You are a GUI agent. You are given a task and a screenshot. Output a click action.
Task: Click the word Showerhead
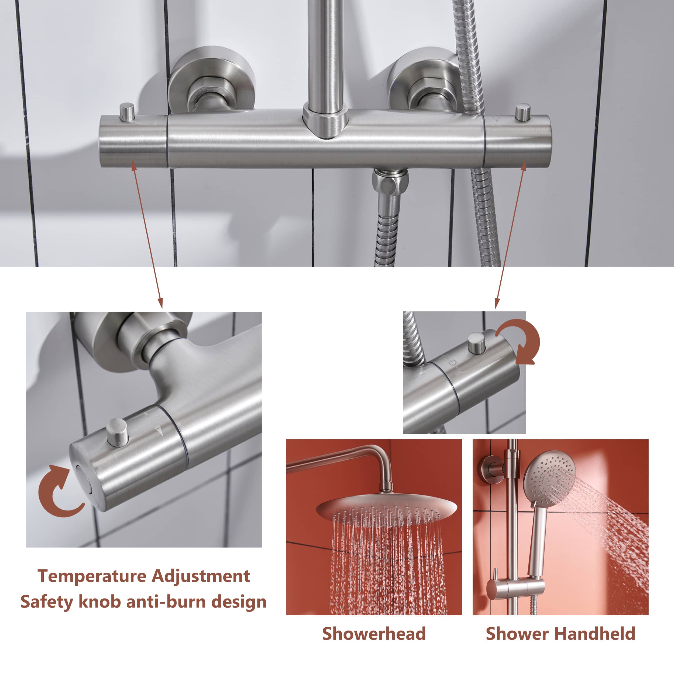[374, 634]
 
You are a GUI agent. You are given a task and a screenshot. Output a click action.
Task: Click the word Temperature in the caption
[91, 576]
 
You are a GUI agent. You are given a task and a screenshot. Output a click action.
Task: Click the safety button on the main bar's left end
[127, 112]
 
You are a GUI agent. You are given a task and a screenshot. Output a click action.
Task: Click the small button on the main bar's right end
[523, 112]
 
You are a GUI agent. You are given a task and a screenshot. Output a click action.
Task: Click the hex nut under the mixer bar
[389, 181]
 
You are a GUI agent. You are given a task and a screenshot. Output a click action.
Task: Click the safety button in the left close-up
[117, 433]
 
